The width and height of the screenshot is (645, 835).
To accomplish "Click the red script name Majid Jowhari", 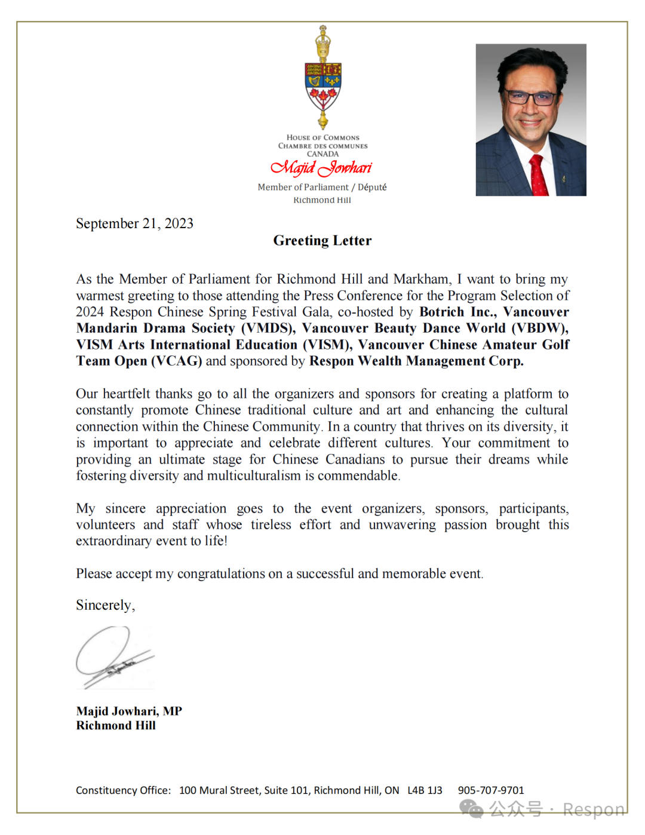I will [321, 168].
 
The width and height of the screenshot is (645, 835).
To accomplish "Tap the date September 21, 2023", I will [134, 223].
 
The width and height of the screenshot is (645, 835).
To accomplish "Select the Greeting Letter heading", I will [322, 241].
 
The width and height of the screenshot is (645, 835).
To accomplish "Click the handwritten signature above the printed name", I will [113, 657].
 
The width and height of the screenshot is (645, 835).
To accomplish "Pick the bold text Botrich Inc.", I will [457, 312].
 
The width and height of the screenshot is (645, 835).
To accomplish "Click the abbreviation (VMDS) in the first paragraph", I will [268, 328].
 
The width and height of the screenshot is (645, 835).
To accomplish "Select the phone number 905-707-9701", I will [491, 790].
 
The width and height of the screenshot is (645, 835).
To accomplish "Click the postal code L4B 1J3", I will [425, 790].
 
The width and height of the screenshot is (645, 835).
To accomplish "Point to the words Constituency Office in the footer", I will [123, 790].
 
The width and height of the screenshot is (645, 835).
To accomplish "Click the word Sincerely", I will [105, 605].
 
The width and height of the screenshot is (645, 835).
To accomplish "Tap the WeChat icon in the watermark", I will [471, 809].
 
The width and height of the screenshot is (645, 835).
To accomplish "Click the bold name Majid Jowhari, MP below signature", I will [129, 711].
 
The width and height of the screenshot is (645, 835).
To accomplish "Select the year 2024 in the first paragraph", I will [90, 312].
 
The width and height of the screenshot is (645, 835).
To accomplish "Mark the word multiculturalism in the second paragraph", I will [254, 475].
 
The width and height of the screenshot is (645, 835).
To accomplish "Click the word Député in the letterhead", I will [372, 187].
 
